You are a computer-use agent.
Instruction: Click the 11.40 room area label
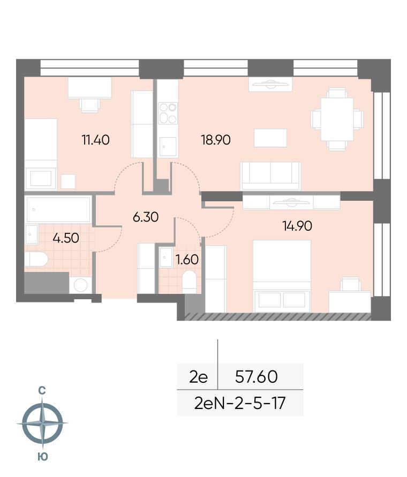tap(95, 140)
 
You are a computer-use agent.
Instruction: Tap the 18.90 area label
tap(216, 140)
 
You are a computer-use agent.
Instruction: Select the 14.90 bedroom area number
tap(297, 226)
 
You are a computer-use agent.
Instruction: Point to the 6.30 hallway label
tap(146, 217)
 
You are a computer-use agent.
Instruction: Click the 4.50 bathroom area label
tap(66, 238)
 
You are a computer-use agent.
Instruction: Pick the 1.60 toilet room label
tap(187, 260)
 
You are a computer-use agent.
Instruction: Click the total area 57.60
tap(257, 376)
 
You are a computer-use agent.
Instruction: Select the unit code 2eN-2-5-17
tap(240, 403)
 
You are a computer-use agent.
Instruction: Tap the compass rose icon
tap(42, 423)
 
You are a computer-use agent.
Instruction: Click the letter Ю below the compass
tap(43, 457)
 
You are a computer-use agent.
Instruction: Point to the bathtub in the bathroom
tap(58, 210)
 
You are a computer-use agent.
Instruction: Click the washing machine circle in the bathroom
tap(81, 285)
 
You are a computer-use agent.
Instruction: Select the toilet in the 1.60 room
tap(189, 282)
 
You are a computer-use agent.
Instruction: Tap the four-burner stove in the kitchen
tap(168, 113)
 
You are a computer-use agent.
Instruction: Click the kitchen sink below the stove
tap(168, 147)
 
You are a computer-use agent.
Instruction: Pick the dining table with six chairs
tap(337, 119)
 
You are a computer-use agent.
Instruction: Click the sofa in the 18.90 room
tap(270, 176)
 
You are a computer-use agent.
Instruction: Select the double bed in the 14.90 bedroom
tap(282, 276)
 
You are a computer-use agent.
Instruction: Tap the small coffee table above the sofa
tap(270, 138)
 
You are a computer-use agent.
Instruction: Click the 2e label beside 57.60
tap(198, 377)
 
